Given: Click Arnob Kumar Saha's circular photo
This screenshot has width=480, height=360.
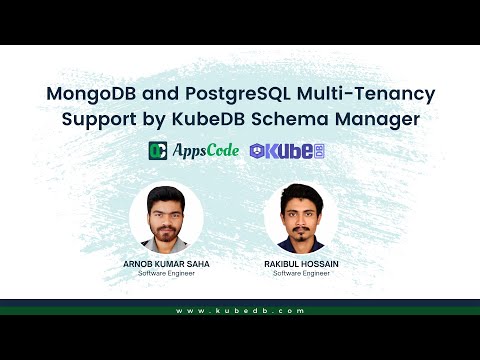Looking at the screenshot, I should tap(166, 218).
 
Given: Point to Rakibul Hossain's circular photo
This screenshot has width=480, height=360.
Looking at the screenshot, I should tap(301, 218).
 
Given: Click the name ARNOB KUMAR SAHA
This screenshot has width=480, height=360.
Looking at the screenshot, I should tap(166, 264).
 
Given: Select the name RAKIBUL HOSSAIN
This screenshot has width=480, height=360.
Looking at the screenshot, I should tap(301, 264).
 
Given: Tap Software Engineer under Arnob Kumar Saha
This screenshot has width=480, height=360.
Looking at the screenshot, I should tap(166, 273).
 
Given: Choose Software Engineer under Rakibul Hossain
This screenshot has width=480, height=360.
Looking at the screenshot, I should tap(301, 273).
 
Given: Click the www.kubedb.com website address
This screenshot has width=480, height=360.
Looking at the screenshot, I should tap(240, 311).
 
